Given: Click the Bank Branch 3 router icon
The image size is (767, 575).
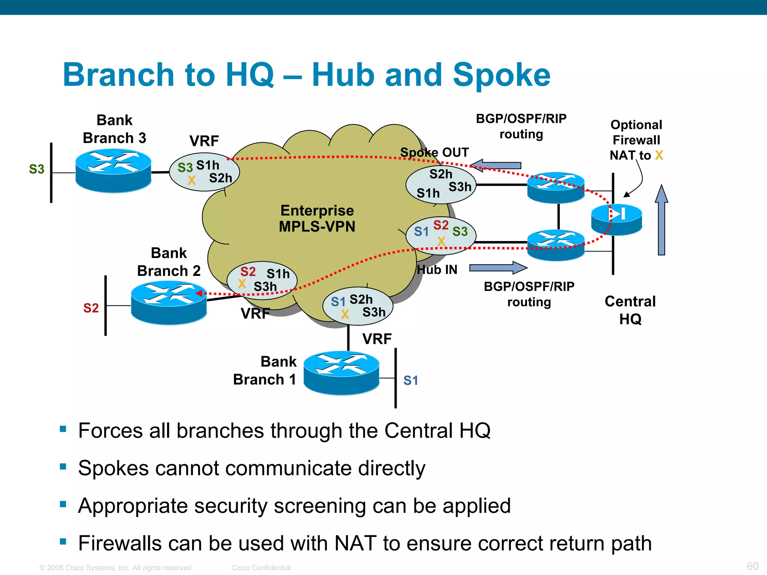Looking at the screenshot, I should click(x=113, y=171).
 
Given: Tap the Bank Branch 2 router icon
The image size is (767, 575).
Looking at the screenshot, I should click(x=169, y=302).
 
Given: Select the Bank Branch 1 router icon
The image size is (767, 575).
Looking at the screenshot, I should click(x=341, y=372).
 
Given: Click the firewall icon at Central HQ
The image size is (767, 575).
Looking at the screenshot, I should click(x=616, y=219).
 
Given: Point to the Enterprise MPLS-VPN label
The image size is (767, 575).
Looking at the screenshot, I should click(x=317, y=219).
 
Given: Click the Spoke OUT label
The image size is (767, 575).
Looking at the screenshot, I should click(x=434, y=152).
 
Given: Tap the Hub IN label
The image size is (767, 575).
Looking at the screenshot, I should click(x=437, y=270).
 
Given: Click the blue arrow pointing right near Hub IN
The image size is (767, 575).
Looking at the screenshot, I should click(x=498, y=268).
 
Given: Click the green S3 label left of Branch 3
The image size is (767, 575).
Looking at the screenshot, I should click(x=37, y=169).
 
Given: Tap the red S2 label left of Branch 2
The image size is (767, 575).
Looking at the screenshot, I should click(x=91, y=308).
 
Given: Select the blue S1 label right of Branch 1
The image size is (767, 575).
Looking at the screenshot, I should click(x=410, y=381).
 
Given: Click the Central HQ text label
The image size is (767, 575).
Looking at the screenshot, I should click(x=630, y=310).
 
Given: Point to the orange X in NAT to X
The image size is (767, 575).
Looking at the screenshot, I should click(x=659, y=155).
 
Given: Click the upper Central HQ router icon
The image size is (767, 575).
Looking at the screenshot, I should click(x=556, y=187).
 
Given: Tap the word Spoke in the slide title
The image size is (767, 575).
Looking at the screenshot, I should click(x=501, y=75).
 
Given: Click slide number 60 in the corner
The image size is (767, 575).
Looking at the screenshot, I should click(x=752, y=566).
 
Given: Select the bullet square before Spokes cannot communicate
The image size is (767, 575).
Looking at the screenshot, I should click(x=63, y=466).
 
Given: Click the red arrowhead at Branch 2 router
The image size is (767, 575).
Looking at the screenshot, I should click(x=199, y=293).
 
